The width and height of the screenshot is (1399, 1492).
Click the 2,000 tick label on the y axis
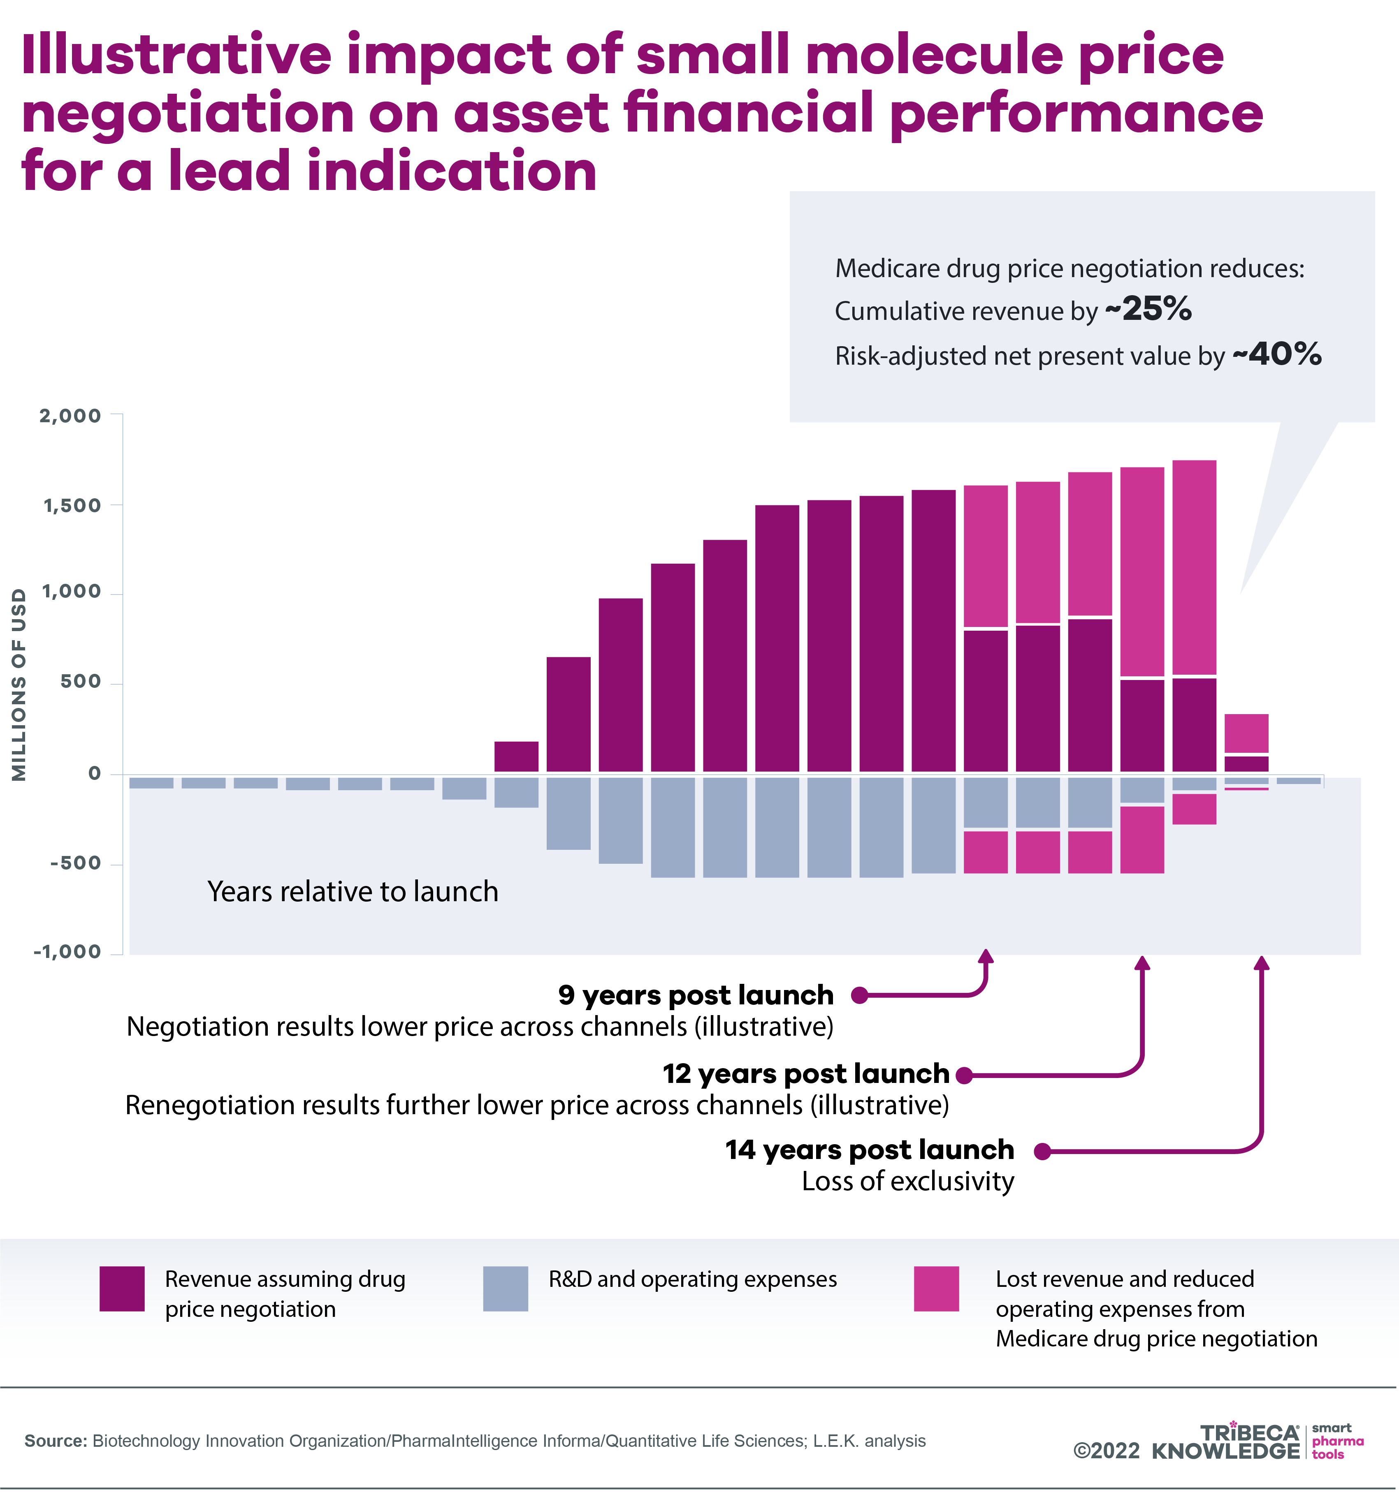(70, 416)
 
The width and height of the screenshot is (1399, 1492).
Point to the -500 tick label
(75, 863)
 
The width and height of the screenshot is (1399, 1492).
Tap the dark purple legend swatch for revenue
(122, 1288)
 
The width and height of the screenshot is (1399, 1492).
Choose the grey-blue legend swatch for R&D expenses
(506, 1288)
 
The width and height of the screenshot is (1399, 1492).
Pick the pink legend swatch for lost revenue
(936, 1288)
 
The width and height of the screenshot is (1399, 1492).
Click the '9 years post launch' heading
(695, 995)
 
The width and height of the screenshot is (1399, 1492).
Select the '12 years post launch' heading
(806, 1074)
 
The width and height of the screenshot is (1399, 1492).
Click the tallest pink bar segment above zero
(1194, 567)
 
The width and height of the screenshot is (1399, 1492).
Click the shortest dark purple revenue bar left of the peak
(516, 756)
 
